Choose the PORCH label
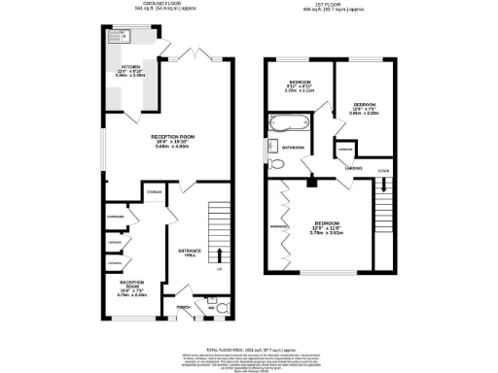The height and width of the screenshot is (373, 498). pyautogui.click(x=183, y=308)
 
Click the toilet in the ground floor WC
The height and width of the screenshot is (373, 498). pyautogui.click(x=222, y=309)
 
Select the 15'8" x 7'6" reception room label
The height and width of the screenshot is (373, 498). pyautogui.click(x=131, y=288)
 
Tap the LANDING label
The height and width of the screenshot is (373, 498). pyautogui.click(x=353, y=168)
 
